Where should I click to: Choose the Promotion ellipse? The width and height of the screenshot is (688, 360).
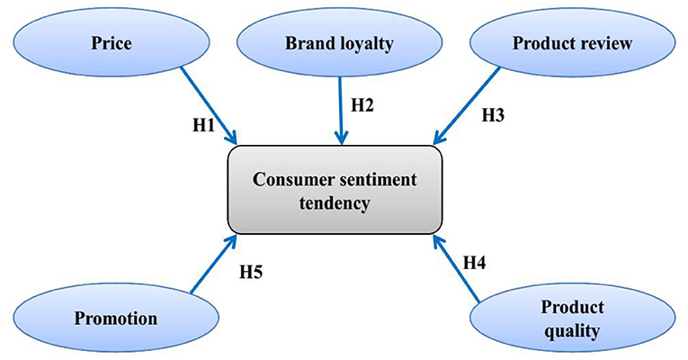(x=116, y=318)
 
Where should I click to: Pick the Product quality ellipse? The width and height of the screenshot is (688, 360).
(x=571, y=319)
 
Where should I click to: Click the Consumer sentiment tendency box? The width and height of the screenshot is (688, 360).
(x=335, y=190)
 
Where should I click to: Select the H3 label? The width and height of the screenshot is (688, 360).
(x=494, y=115)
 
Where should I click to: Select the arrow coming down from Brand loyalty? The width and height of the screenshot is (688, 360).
(x=341, y=108)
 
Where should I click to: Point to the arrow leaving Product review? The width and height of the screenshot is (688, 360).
(x=469, y=105)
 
